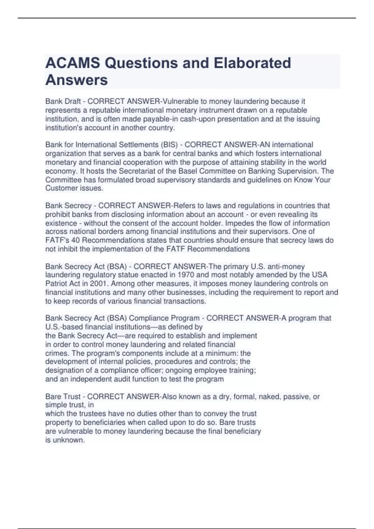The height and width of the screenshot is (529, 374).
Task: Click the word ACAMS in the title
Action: coord(73,63)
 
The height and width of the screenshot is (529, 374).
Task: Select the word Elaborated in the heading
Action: coord(252,63)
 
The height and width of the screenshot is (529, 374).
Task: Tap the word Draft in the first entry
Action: coord(72,101)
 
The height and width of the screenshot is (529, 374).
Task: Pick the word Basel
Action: coord(188,171)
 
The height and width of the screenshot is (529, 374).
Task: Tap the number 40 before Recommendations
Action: coord(75,240)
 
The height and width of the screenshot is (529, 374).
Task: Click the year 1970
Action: coord(186,275)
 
